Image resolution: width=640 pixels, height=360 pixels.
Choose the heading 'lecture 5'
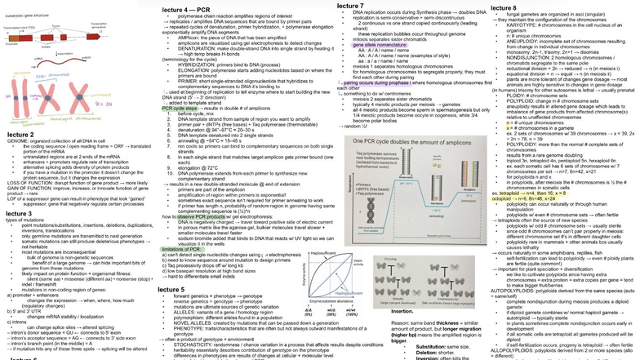tap(177, 290)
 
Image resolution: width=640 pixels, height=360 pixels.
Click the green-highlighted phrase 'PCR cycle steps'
tap(180, 108)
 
